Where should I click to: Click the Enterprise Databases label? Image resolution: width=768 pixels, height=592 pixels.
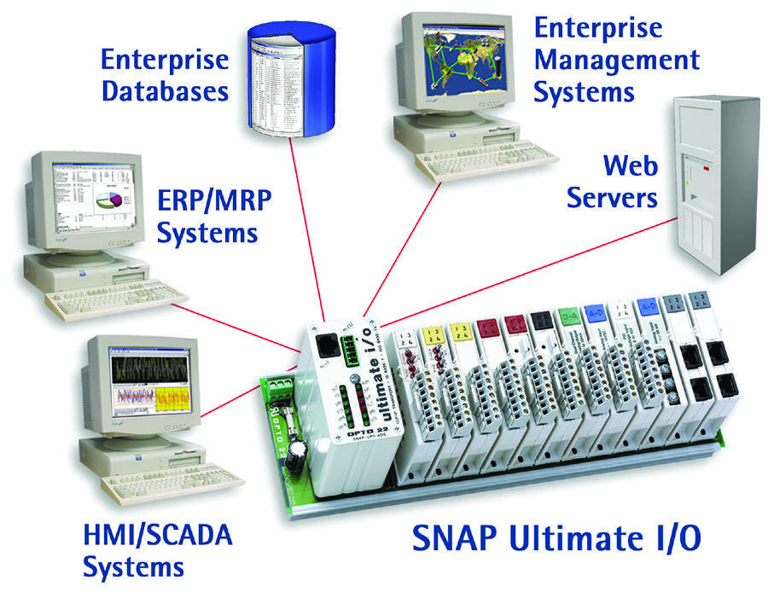[x=165, y=75]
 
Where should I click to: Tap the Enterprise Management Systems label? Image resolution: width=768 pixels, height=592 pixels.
[x=616, y=60]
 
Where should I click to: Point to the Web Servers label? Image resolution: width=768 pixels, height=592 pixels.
[x=612, y=181]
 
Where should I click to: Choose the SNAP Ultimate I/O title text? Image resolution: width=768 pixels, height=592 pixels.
[x=559, y=538]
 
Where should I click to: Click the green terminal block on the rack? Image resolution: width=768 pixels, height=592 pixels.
[x=281, y=392]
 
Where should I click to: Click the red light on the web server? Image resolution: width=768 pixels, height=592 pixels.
[x=707, y=171]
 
